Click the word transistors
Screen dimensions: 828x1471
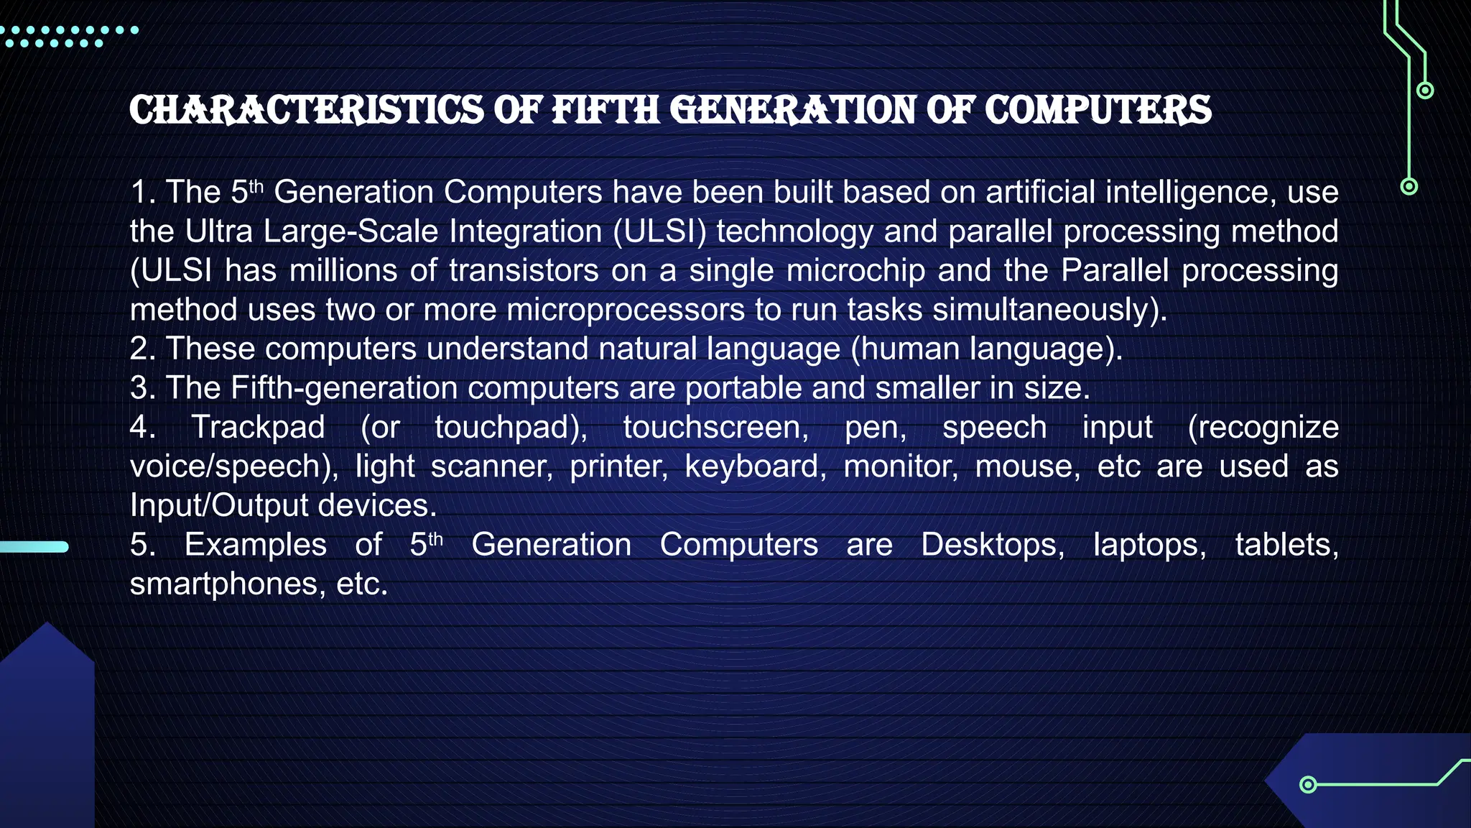tap(524, 270)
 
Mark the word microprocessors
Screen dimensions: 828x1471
tap(626, 310)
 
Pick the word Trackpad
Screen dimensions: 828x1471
tap(258, 427)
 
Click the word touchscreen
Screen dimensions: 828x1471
tap(715, 427)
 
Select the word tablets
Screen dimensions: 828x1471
tap(1286, 545)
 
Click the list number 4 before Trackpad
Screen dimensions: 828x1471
tap(140, 427)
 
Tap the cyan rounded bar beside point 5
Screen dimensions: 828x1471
tap(34, 547)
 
